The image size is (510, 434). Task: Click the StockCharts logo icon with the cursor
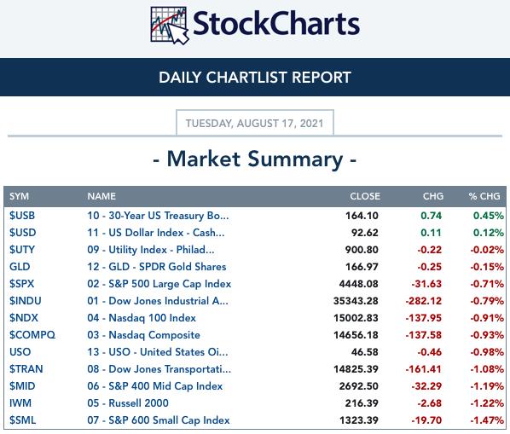click(170, 26)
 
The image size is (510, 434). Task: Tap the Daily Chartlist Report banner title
click(255, 78)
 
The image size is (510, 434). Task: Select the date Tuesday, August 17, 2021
click(255, 124)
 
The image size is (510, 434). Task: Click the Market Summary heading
click(255, 159)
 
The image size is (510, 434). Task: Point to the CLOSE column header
click(365, 196)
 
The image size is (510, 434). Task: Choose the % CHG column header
click(484, 196)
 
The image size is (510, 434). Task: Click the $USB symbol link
click(22, 216)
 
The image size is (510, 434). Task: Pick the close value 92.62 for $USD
click(365, 233)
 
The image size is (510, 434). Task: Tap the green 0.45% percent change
click(489, 216)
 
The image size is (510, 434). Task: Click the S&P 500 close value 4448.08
click(358, 284)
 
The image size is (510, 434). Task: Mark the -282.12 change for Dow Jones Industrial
click(424, 301)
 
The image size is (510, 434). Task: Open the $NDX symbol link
click(24, 318)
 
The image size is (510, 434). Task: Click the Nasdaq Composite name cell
click(143, 335)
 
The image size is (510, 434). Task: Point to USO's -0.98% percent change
click(487, 352)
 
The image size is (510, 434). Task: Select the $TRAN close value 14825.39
click(356, 369)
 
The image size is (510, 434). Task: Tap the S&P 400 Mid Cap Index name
click(155, 386)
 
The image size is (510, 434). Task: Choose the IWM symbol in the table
click(20, 403)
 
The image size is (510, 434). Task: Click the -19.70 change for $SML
click(426, 420)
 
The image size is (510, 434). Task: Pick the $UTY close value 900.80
click(362, 250)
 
